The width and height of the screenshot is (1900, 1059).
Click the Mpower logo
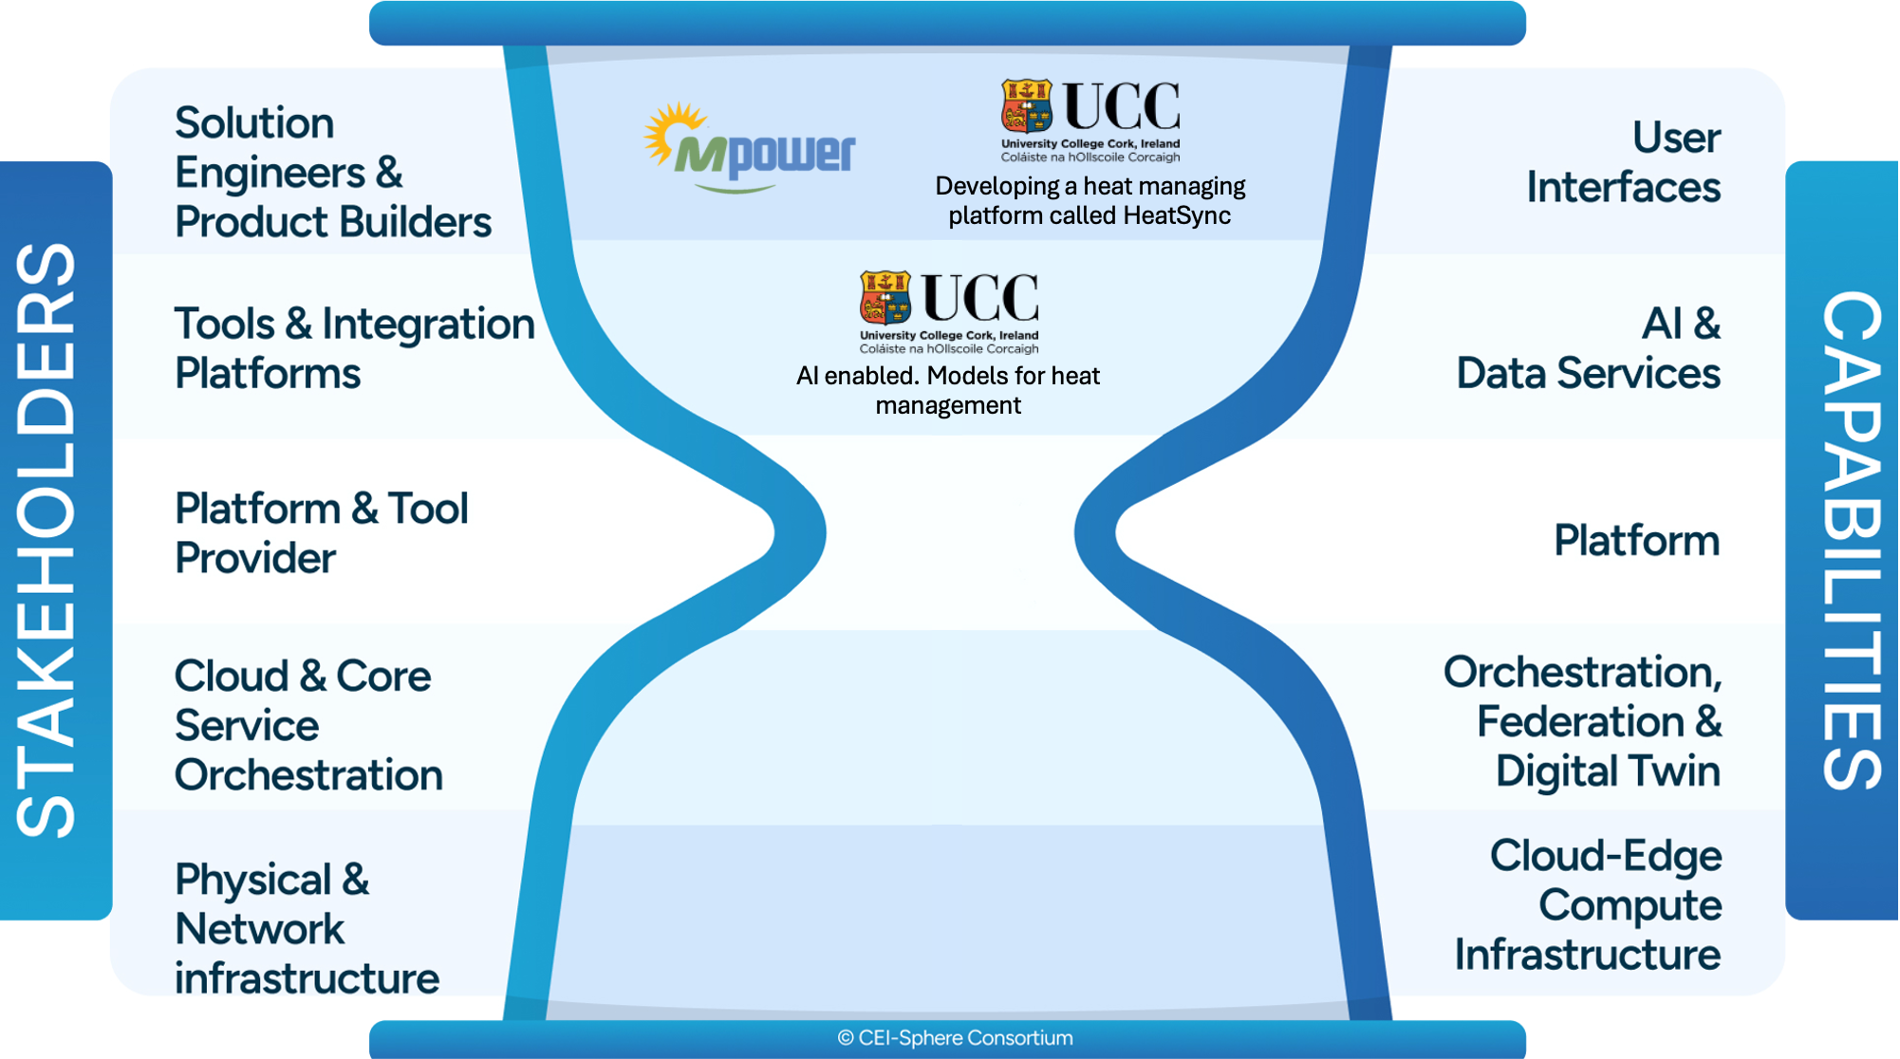pyautogui.click(x=749, y=148)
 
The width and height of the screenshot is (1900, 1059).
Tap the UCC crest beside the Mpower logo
pyautogui.click(x=1027, y=105)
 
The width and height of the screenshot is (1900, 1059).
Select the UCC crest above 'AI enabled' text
pyautogui.click(x=885, y=297)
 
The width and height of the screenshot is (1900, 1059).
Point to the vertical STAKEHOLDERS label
pyautogui.click(x=47, y=541)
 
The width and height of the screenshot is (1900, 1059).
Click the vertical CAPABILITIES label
pyautogui.click(x=1851, y=541)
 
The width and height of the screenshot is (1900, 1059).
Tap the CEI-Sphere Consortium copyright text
pyautogui.click(x=955, y=1038)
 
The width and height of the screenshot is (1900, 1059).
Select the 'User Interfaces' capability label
pyautogui.click(x=1623, y=162)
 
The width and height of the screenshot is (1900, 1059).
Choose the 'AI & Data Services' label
pyautogui.click(x=1588, y=348)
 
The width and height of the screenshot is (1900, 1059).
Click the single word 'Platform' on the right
pyautogui.click(x=1636, y=540)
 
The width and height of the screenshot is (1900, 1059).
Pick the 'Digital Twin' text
pyautogui.click(x=1608, y=771)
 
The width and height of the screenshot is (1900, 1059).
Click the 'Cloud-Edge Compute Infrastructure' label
pyautogui.click(x=1588, y=904)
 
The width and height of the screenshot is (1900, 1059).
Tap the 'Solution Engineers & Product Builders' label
pyautogui.click(x=333, y=172)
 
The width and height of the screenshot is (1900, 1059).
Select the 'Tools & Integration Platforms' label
pyautogui.click(x=355, y=348)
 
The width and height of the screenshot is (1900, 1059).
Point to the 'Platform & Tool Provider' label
pyautogui.click(x=322, y=533)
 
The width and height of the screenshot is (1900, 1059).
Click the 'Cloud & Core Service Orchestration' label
pyautogui.click(x=308, y=725)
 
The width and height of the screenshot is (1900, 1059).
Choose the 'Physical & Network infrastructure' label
pyautogui.click(x=307, y=928)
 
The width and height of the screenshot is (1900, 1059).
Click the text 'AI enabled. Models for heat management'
pyautogui.click(x=948, y=390)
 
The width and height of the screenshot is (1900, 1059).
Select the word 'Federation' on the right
pyautogui.click(x=1581, y=721)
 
